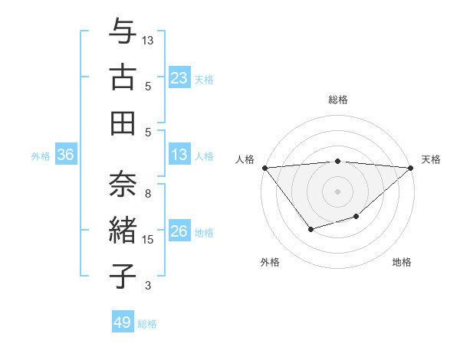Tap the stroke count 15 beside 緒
point(148,240)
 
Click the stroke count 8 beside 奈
point(148,194)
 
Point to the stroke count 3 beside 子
point(148,286)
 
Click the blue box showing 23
point(179,78)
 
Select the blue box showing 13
point(179,155)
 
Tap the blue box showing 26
point(179,232)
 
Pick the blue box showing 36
point(65,155)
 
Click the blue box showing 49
point(123,322)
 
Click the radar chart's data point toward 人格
point(264,168)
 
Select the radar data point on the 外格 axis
point(310,229)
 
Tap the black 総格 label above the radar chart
point(338,100)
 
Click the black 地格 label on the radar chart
point(402,262)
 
